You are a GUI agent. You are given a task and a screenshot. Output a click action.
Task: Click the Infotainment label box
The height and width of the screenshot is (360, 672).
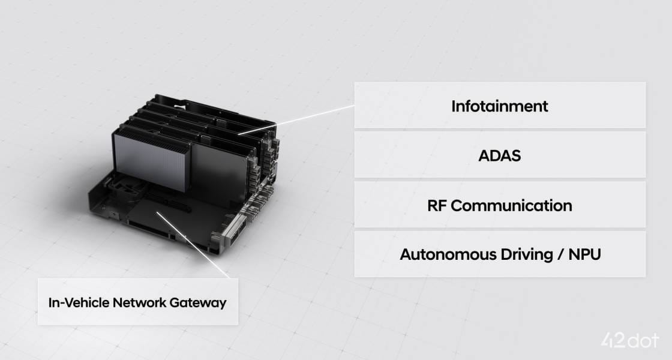(500, 105)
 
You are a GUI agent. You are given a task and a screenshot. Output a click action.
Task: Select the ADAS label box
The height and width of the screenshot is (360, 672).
(500, 155)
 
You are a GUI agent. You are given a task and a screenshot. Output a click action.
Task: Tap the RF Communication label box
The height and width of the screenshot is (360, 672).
(500, 205)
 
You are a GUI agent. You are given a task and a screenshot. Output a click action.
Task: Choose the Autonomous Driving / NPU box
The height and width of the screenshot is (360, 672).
(500, 254)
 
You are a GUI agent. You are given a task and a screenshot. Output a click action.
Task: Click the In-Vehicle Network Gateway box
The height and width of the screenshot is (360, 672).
(137, 302)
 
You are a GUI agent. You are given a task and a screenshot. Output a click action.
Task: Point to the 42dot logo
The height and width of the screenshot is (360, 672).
(629, 341)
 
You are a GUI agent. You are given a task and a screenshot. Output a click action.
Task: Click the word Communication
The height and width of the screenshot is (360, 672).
(511, 206)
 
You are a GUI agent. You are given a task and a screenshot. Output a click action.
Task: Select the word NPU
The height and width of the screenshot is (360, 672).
(584, 254)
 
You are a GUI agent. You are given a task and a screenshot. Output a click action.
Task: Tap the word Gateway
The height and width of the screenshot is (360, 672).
(197, 303)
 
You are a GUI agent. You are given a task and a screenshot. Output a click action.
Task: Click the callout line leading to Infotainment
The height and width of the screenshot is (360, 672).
(296, 119)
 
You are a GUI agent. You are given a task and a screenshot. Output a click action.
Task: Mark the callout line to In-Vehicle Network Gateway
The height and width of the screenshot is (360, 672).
(193, 245)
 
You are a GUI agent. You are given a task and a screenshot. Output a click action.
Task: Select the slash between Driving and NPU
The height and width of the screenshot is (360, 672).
(560, 255)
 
